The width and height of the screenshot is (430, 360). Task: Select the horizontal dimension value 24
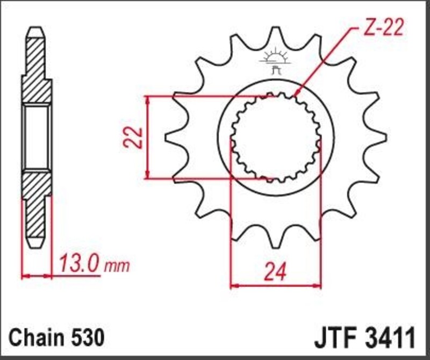coord(275,273)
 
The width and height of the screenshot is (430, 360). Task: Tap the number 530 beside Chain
coord(85,339)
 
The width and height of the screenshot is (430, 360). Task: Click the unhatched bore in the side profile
coord(37,137)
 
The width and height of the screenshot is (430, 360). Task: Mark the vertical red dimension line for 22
coord(147,138)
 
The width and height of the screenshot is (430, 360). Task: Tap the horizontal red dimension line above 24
coord(275,285)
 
